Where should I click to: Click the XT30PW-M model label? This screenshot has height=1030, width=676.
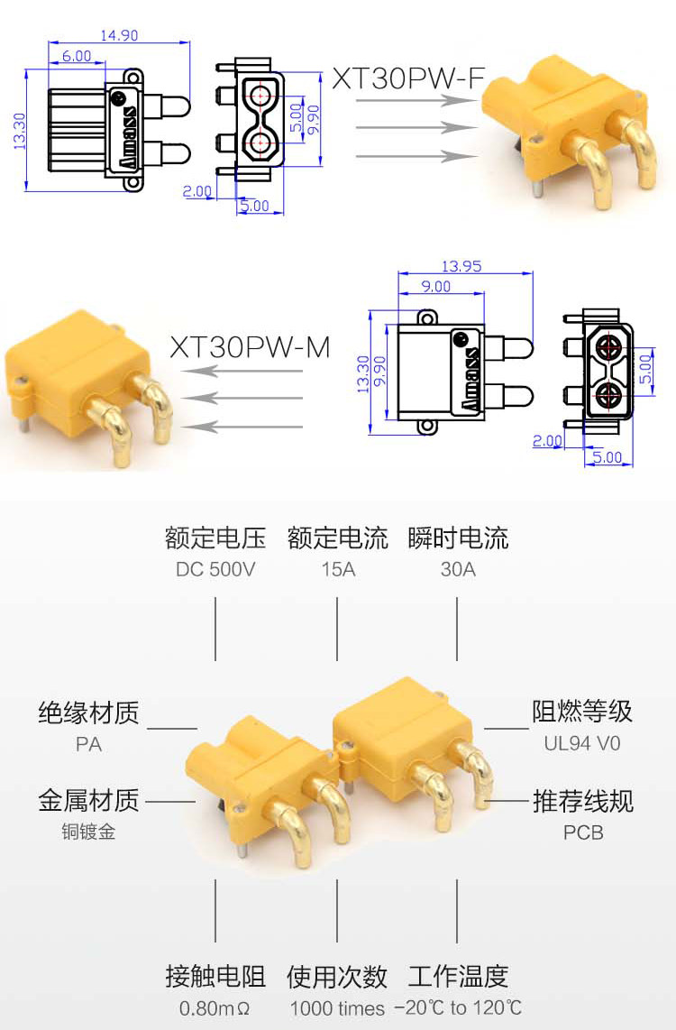251,347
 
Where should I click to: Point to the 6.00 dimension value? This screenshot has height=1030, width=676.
77,56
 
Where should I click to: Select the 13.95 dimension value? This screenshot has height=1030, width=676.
461,266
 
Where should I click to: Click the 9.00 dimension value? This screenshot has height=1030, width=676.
436,287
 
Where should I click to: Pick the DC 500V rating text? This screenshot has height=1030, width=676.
215,569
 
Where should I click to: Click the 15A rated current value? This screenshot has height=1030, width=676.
338,569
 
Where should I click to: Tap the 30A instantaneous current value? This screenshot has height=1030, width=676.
458,569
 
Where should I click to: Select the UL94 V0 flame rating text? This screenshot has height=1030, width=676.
582,744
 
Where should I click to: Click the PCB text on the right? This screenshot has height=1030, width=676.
583,832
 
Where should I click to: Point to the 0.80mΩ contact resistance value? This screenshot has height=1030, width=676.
215,1007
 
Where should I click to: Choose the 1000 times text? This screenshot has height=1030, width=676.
337,1008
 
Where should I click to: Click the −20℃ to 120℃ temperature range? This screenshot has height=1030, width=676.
458,1007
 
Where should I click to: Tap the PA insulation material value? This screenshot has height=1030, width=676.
89,745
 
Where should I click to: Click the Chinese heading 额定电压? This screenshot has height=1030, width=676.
215,539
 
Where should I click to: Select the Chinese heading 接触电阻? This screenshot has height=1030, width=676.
215,977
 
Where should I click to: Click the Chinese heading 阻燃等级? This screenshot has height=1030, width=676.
582,712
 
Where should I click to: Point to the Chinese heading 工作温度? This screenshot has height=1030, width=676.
458,977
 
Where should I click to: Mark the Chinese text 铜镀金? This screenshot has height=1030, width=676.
89,832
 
